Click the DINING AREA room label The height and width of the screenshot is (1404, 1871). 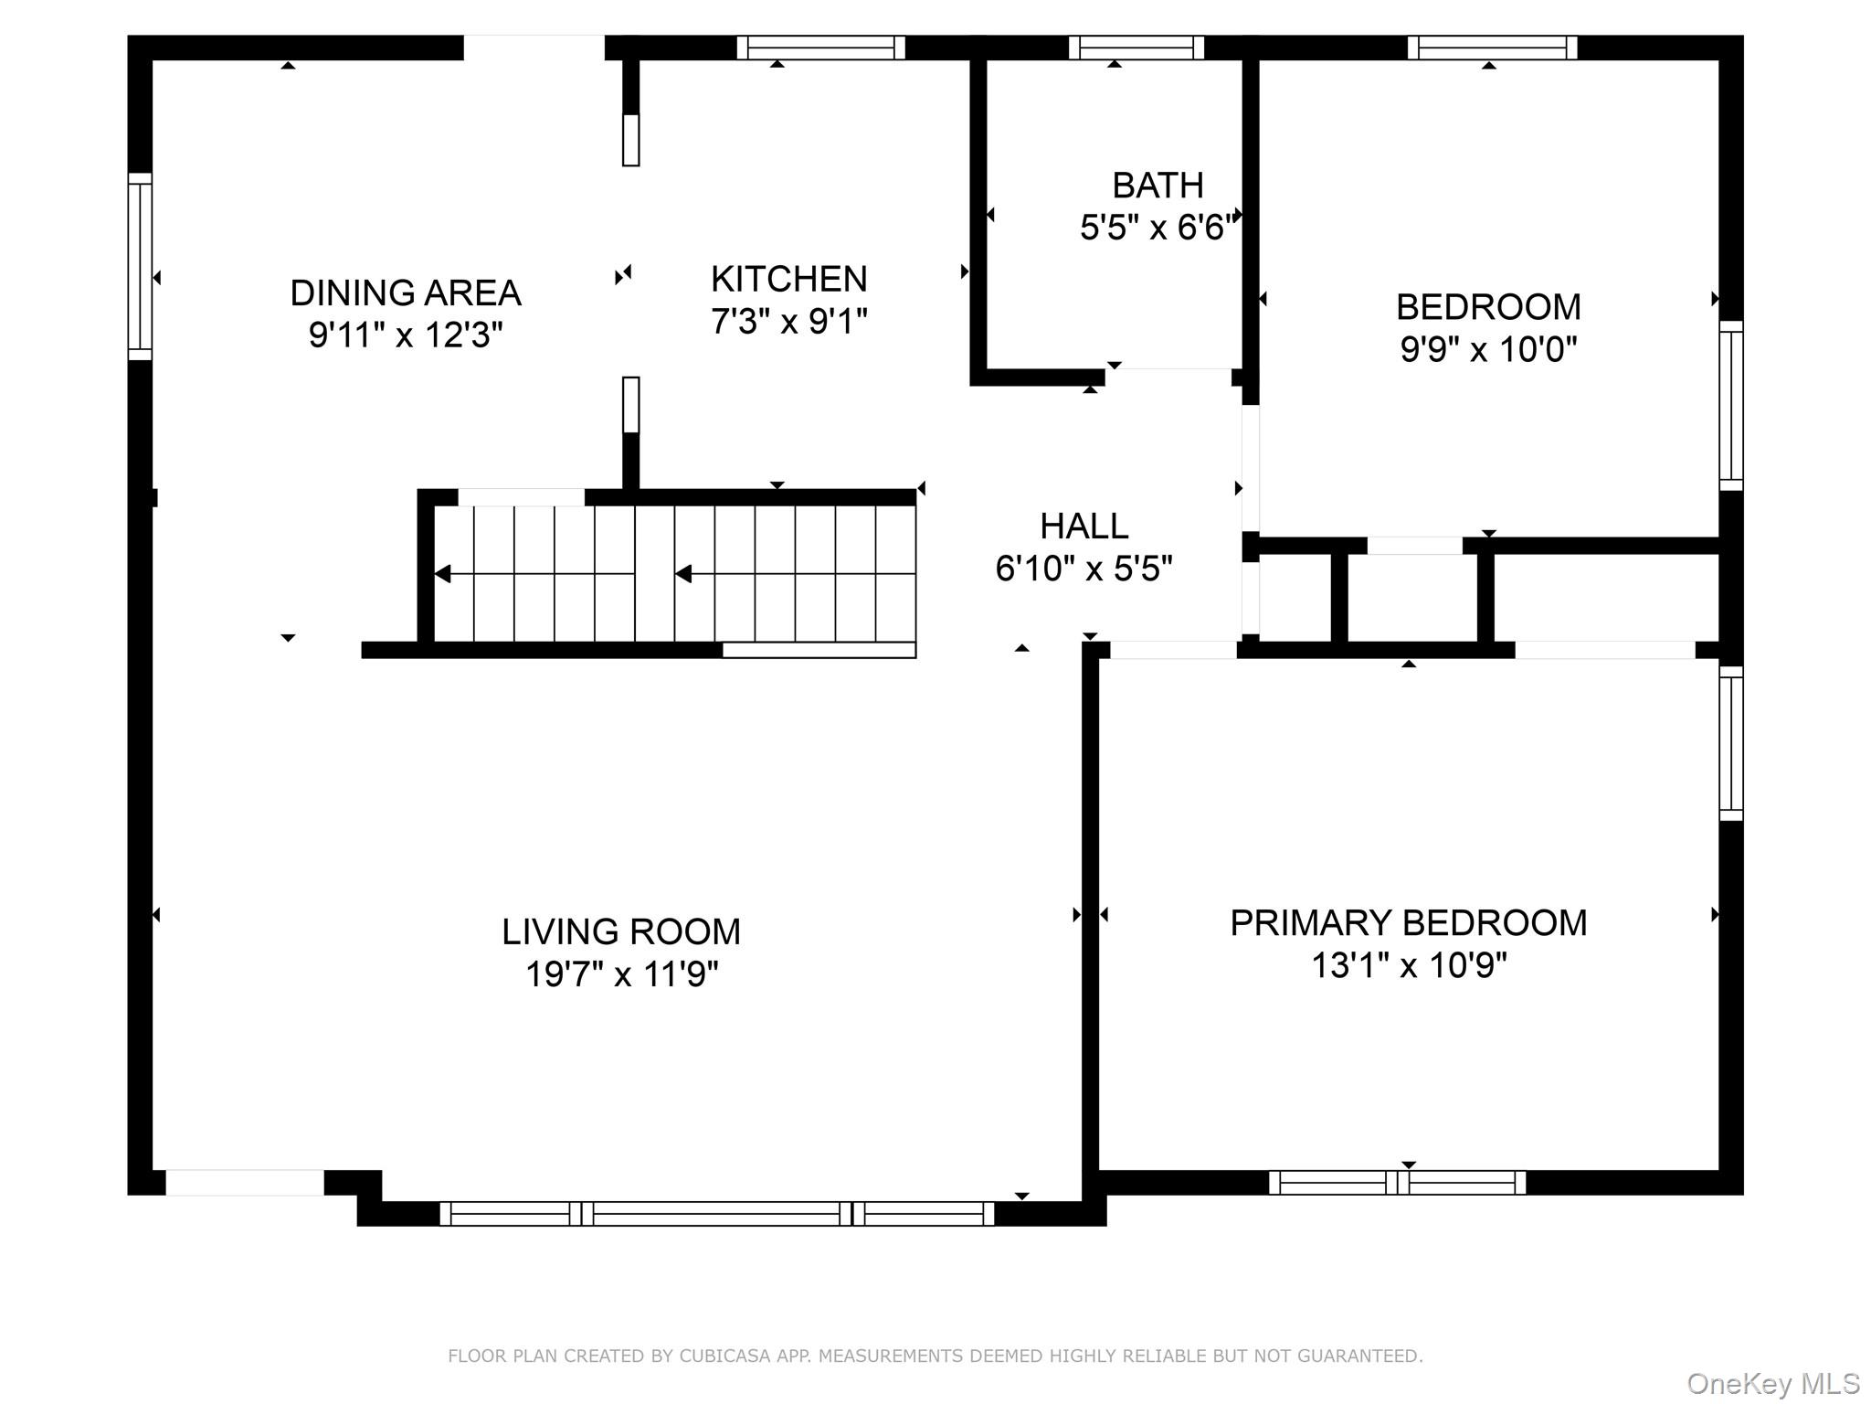coord(405,293)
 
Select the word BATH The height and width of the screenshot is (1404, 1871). coord(1157,186)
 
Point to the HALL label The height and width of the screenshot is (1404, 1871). coord(1083,526)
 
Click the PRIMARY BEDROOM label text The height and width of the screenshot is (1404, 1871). coord(1408,923)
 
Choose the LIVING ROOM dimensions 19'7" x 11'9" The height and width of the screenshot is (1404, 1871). coord(621,974)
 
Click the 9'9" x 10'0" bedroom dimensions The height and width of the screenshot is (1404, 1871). coord(1488,349)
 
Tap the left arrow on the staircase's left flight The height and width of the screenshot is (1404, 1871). coord(444,574)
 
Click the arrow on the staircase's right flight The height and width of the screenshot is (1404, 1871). coord(684,574)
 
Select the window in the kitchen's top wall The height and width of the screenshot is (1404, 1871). coord(820,48)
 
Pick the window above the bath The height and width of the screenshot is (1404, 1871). coord(1136,48)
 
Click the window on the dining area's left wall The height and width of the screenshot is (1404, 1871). coord(140,266)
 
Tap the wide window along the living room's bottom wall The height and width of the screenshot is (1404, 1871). coord(716,1214)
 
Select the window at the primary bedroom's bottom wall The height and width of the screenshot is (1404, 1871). coord(1397,1183)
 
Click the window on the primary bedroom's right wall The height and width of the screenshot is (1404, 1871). coord(1731,742)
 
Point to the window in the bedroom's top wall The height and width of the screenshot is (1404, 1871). coord(1492,48)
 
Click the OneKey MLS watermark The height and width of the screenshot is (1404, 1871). coord(1772,1384)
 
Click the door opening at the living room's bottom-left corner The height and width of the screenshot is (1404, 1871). coord(244,1183)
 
